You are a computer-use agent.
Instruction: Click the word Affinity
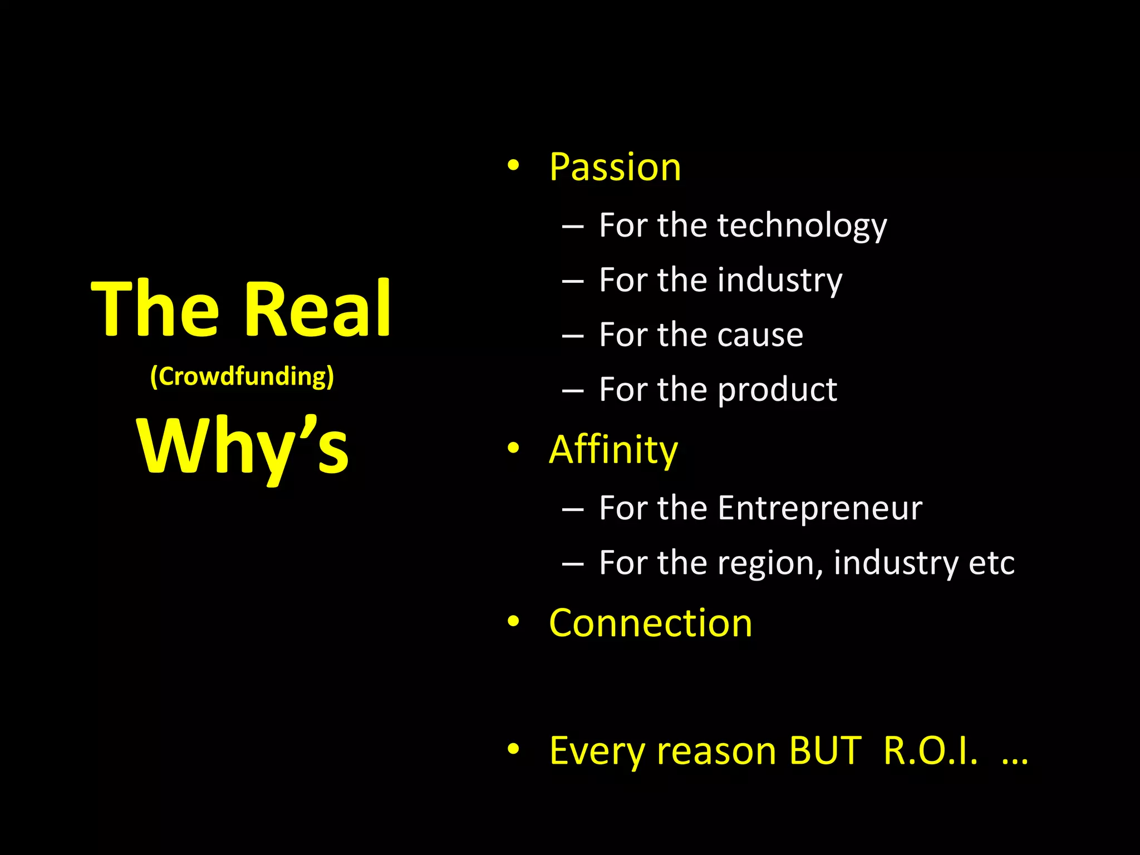point(613,450)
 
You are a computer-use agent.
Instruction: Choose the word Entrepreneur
point(819,508)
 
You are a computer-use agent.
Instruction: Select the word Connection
point(650,623)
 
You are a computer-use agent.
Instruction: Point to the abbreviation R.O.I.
point(930,751)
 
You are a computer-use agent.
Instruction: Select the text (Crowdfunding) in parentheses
point(242,377)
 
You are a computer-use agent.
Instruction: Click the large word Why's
point(242,447)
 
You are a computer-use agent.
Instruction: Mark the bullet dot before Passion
point(513,165)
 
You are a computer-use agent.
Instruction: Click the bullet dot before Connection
point(513,621)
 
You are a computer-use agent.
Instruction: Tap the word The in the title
point(155,309)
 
